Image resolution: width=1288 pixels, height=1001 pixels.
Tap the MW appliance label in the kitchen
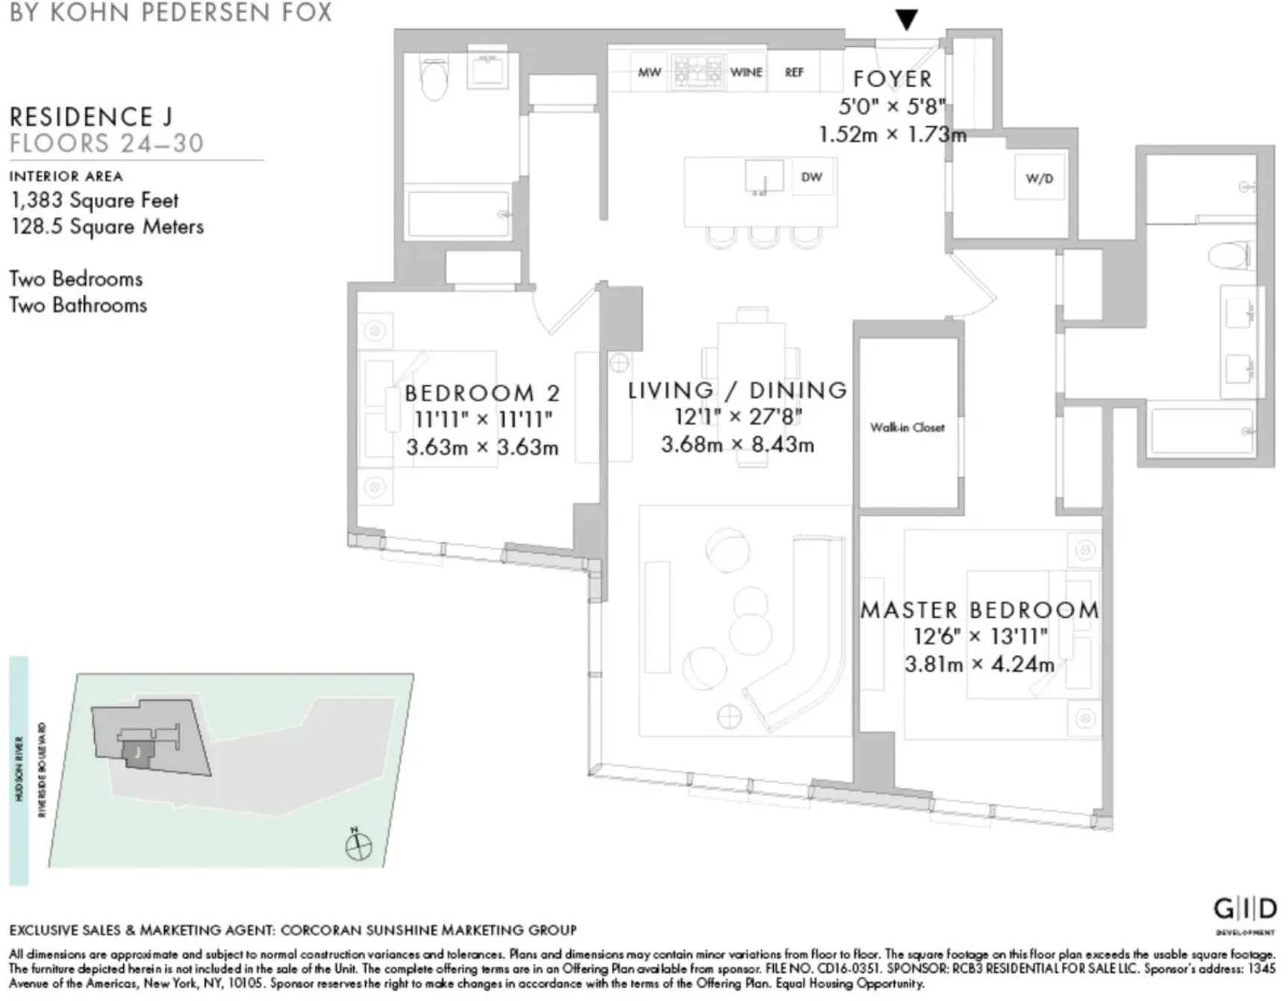point(649,72)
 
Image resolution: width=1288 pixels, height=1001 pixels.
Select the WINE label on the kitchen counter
point(746,72)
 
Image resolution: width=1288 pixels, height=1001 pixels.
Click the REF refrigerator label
point(794,72)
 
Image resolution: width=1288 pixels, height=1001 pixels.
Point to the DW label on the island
point(811,178)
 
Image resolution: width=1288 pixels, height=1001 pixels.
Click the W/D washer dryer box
point(1039,178)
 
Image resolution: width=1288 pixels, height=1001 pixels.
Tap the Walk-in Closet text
point(907,427)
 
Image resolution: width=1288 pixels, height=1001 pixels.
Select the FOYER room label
point(892,79)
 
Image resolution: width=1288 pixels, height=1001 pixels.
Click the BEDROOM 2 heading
point(482,393)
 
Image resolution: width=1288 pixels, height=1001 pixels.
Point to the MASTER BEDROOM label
point(980,610)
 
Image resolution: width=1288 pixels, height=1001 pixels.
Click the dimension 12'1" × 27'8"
point(737,417)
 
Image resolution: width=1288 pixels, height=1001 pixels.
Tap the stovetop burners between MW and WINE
point(698,72)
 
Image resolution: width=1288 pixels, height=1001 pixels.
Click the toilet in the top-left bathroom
point(434,79)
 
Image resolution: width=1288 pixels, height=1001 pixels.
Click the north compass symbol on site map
point(358,845)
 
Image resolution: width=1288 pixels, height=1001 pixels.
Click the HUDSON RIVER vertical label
point(19,768)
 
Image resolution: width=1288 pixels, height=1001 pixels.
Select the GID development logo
point(1244,910)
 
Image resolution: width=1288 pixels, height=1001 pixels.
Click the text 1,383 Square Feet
point(95,201)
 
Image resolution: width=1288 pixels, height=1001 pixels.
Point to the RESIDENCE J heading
point(91,117)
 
